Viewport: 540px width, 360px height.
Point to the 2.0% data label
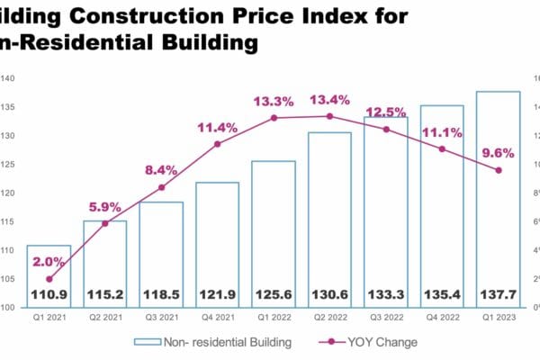tap(49, 262)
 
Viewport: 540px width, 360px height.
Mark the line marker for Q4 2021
tap(217, 144)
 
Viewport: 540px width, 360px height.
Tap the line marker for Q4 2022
tap(442, 148)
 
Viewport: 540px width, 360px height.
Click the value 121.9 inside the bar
tap(217, 294)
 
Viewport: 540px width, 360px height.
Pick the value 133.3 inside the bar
tap(385, 294)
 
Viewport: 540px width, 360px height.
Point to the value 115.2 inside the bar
tap(105, 294)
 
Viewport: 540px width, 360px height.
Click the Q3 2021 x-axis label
tap(161, 318)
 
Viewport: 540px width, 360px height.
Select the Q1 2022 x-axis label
tap(274, 318)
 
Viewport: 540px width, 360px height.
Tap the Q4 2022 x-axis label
tap(442, 318)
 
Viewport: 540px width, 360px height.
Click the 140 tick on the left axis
tap(7, 78)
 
